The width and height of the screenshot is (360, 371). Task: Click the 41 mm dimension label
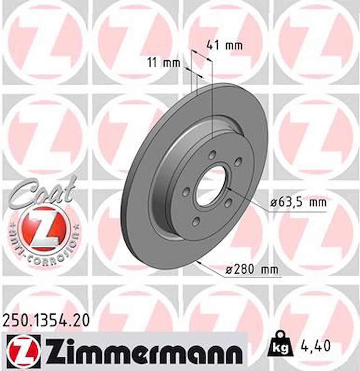click(x=225, y=46)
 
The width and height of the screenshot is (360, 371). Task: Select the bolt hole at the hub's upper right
click(x=239, y=162)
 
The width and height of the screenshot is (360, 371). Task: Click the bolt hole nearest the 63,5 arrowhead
click(x=228, y=202)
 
